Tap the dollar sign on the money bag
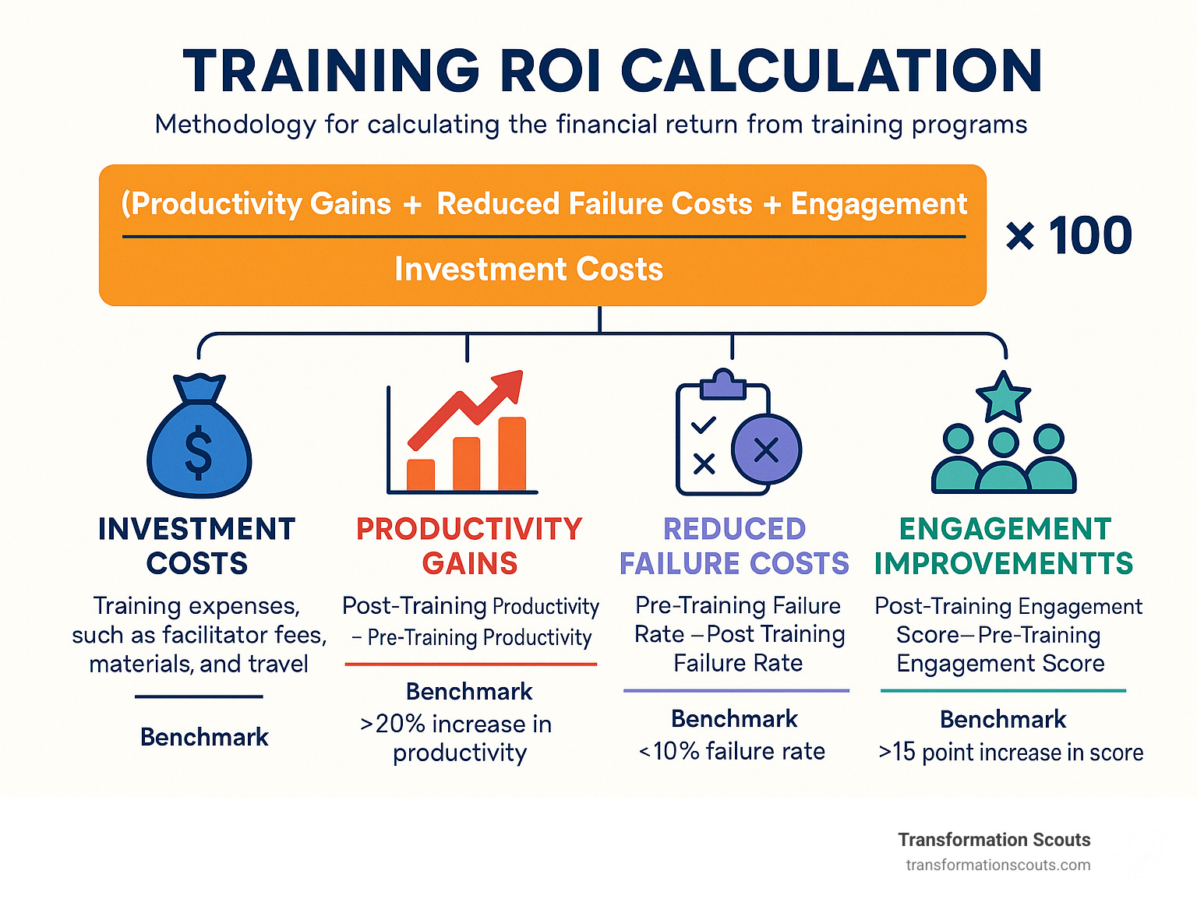(199, 451)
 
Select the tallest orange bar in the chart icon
(512, 453)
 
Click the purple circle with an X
(766, 449)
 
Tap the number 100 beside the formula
(1090, 235)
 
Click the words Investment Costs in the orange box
(528, 269)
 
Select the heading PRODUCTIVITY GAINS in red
(470, 546)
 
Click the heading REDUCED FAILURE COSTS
(734, 546)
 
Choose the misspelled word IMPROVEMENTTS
(1004, 563)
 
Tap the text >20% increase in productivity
(457, 739)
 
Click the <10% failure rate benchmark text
(731, 751)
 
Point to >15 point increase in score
(1011, 753)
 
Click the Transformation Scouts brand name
(994, 840)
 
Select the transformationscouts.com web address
(998, 866)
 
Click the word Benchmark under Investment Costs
(204, 737)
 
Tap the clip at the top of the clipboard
(723, 384)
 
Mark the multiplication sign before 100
(1020, 237)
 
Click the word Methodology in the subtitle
(235, 125)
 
